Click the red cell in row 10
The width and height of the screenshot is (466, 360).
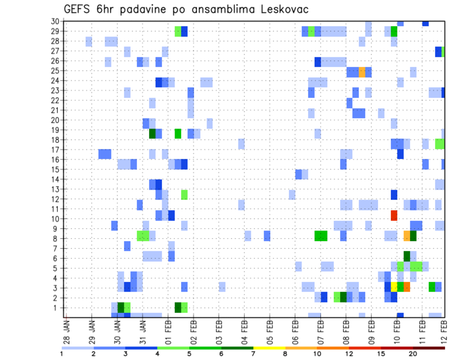point(394,214)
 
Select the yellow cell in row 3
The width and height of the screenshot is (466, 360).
point(394,287)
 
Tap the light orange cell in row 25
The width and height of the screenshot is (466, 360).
point(362,72)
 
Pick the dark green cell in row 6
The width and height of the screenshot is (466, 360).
point(407,256)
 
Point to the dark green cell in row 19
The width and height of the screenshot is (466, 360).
point(152,133)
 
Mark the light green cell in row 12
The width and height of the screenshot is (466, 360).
point(184,195)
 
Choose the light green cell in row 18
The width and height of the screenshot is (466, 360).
point(440,144)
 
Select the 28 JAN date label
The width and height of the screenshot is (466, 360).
point(67,330)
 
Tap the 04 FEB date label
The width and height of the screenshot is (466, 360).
point(244,330)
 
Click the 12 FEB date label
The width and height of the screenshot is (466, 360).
point(444,330)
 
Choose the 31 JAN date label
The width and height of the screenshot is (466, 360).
point(143,330)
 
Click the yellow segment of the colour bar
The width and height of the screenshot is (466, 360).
point(269,348)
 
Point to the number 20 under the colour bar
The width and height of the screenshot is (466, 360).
point(413,354)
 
